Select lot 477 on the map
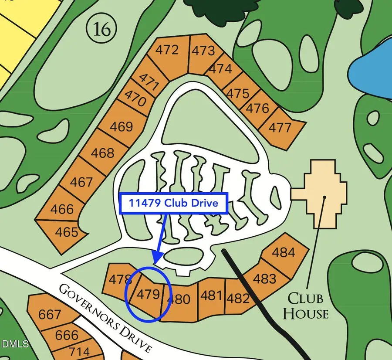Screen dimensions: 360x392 pyautogui.click(x=280, y=127)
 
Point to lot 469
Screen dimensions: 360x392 pyautogui.click(x=121, y=126)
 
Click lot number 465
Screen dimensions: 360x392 pyautogui.click(x=67, y=231)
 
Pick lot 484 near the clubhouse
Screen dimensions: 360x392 pyautogui.click(x=283, y=252)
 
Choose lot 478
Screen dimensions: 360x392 pyautogui.click(x=118, y=279)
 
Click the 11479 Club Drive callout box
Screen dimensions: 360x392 pyautogui.click(x=173, y=203)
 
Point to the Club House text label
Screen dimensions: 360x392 pyautogui.click(x=308, y=306)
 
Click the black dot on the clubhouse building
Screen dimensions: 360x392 pyautogui.click(x=324, y=197)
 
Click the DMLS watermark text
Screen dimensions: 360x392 pyautogui.click(x=14, y=344)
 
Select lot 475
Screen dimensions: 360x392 pyautogui.click(x=238, y=93)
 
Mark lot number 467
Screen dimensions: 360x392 pyautogui.click(x=81, y=182)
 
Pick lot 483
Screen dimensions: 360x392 pyautogui.click(x=264, y=278)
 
